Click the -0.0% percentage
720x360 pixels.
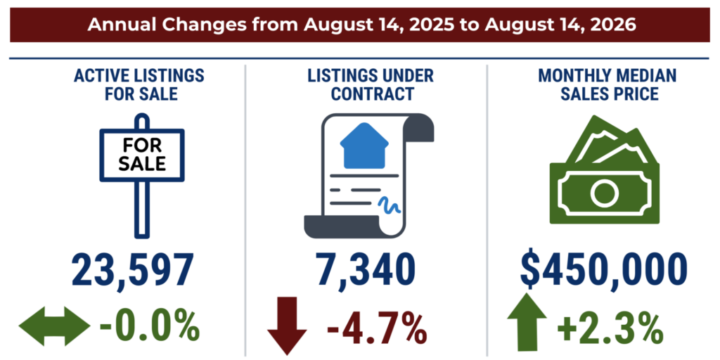149,327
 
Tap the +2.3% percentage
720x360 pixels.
610,327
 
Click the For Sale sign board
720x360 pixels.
142,155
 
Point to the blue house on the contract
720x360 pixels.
364,145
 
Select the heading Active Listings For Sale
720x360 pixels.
139,84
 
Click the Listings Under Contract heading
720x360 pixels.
370,84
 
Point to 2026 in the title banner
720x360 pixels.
615,25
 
